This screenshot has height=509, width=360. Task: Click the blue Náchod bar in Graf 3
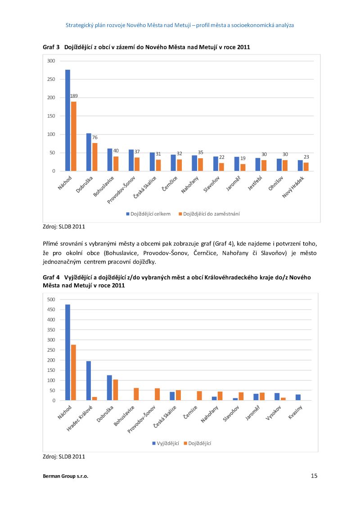67,120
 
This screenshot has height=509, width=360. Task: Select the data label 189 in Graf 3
74,96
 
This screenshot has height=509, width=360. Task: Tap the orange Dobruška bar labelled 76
94,157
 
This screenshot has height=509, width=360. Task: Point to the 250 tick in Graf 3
51,79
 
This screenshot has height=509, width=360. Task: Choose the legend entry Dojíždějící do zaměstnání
209,214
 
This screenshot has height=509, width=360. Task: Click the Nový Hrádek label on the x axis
293,188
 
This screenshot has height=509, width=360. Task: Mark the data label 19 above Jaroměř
243,158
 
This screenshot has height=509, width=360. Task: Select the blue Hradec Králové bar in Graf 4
88,380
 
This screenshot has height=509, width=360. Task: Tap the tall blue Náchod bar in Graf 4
67,352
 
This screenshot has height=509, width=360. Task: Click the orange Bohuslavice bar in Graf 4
136,394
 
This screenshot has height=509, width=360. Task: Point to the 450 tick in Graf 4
51,310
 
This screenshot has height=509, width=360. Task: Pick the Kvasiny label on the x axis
295,412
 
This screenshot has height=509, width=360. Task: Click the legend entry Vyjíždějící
166,443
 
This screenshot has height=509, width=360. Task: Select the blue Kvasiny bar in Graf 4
298,397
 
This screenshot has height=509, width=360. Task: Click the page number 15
314,476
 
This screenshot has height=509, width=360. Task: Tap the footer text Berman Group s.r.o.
65,476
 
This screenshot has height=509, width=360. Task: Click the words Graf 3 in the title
51,47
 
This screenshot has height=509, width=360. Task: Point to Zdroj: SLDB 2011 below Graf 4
64,456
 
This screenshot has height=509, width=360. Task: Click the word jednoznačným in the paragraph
62,262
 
